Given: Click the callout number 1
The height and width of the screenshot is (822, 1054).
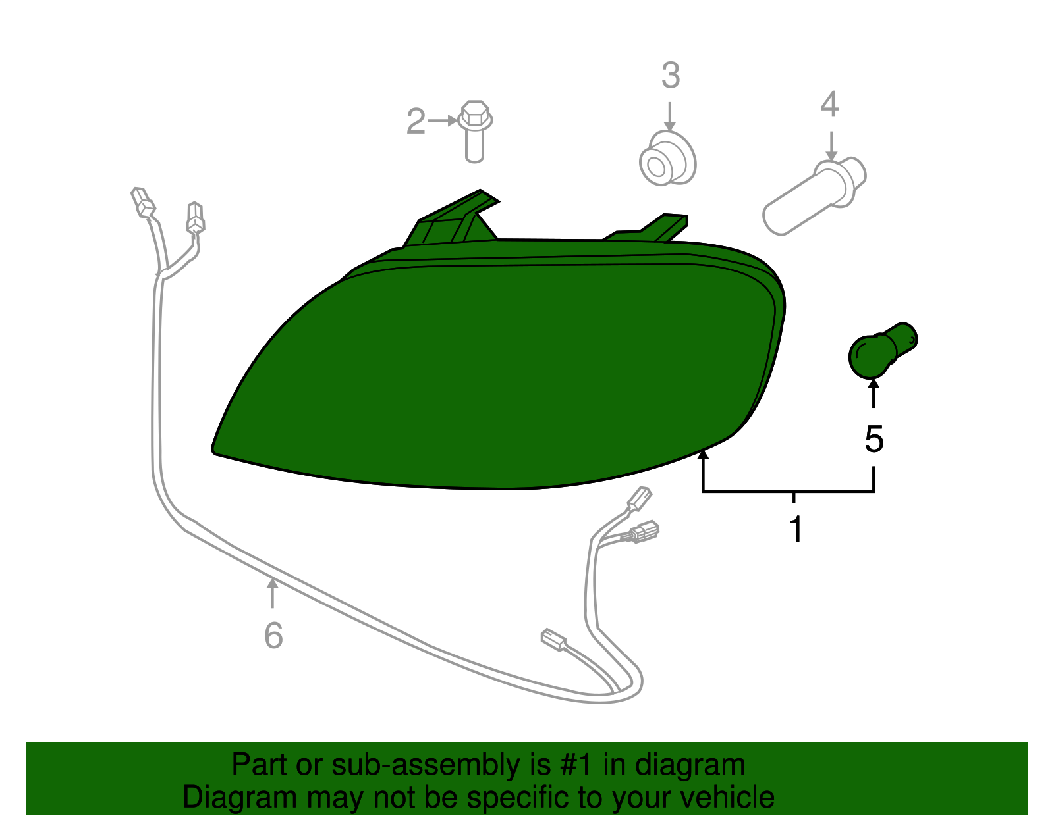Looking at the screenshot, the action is click(x=796, y=529).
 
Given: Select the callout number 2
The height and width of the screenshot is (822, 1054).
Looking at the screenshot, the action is click(x=416, y=121).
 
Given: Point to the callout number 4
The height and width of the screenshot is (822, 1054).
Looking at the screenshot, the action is click(x=829, y=104).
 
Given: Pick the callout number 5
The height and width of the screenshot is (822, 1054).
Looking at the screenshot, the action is click(x=874, y=440).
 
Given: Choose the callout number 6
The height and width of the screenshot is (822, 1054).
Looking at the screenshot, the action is click(x=273, y=635).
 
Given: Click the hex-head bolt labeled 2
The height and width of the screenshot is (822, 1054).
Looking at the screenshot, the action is click(x=475, y=131).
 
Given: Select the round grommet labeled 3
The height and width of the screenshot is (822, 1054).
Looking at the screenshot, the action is click(x=668, y=158).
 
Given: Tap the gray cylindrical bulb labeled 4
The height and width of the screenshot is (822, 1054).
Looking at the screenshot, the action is click(x=814, y=195).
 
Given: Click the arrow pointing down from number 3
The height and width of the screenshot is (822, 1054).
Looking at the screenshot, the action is click(x=670, y=116).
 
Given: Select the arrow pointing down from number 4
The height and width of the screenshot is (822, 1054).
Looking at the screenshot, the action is click(x=831, y=146).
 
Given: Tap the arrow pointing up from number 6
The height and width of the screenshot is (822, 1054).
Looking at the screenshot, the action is click(x=273, y=593).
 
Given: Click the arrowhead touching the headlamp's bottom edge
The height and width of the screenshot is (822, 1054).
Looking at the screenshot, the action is click(x=703, y=454).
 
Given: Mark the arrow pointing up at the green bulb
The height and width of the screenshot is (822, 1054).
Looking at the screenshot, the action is click(x=874, y=394).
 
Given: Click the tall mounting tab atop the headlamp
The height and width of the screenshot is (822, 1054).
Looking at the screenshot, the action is click(x=451, y=217).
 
